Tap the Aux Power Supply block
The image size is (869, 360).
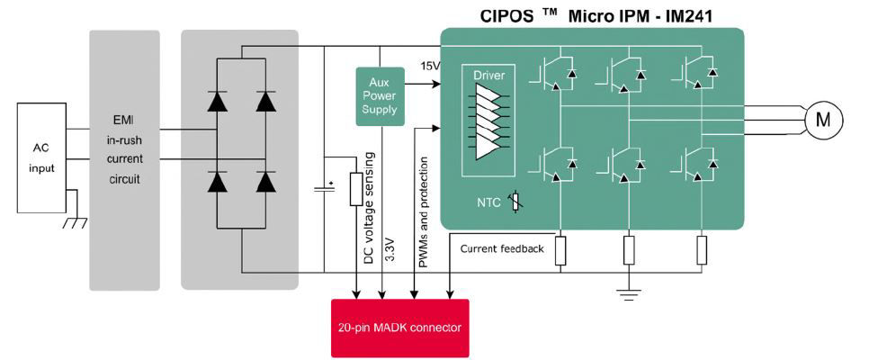(379, 96)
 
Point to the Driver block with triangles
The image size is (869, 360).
(488, 121)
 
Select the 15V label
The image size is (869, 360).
(429, 66)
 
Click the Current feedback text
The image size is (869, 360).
(502, 248)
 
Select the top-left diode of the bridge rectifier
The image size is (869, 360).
(217, 101)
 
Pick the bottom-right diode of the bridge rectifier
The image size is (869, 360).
(265, 182)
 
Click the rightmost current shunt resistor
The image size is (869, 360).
(702, 250)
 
